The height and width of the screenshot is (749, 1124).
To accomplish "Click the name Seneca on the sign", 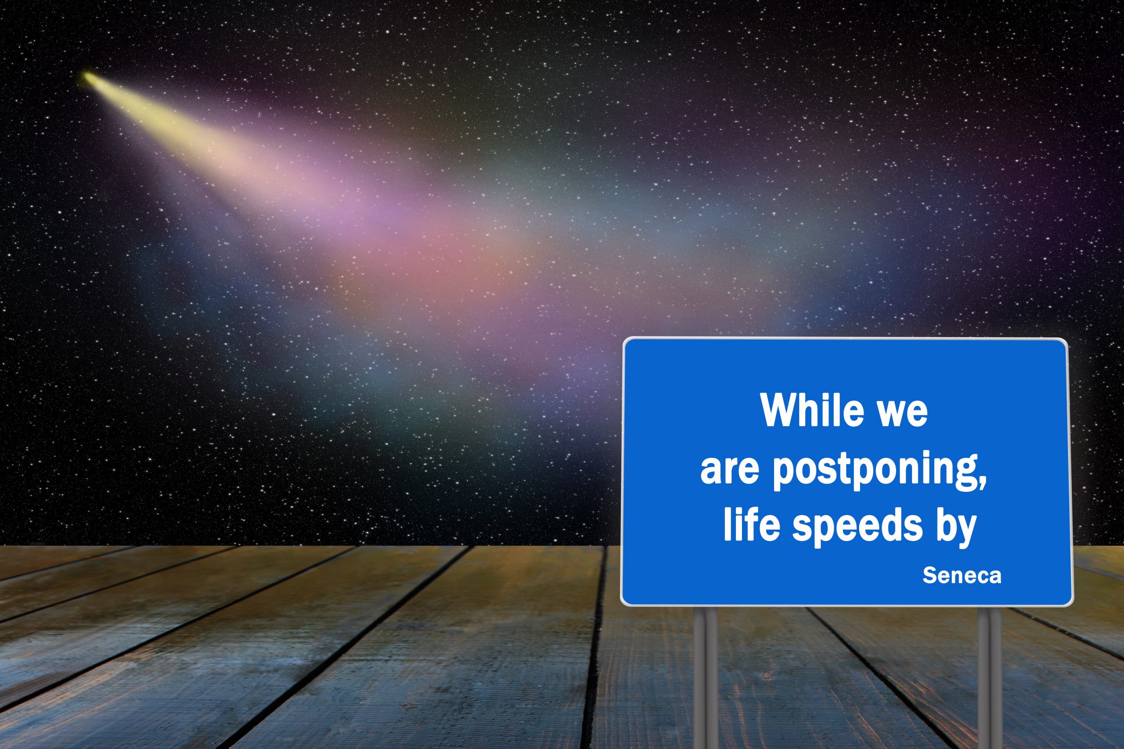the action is (x=962, y=576).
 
